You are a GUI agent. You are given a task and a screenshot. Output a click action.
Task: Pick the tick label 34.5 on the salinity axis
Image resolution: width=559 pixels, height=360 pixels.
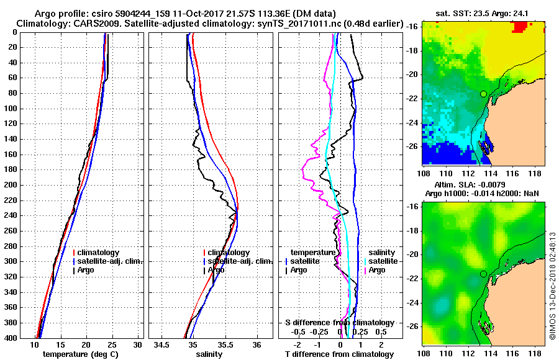[x=163, y=344]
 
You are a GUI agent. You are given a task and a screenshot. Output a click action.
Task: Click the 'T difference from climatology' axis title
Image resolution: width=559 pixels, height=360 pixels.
[x=339, y=354]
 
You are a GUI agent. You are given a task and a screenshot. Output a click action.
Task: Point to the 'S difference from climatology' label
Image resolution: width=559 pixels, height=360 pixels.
[x=339, y=323]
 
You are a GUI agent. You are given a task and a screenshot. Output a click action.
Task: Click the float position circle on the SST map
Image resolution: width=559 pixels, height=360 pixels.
[x=483, y=94]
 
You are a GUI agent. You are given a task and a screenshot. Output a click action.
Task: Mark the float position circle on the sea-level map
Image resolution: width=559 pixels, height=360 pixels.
[x=483, y=274]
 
